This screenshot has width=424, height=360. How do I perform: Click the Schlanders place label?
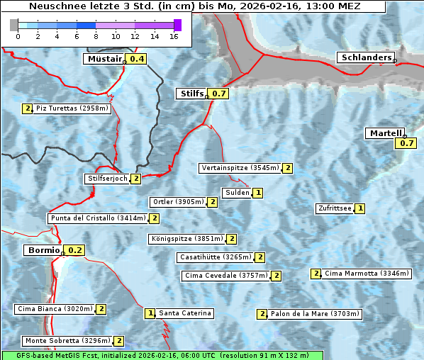pos(365,57)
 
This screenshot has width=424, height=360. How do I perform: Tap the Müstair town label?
pos(104,59)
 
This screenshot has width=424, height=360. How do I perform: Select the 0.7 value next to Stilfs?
pos(219,94)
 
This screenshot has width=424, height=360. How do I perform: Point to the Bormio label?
pos(43,250)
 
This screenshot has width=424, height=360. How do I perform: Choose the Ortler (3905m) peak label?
pos(178,202)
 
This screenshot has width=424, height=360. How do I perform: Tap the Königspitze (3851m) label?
pos(186,239)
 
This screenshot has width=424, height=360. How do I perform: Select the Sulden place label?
pos(237,193)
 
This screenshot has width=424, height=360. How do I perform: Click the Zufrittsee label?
pos(335,208)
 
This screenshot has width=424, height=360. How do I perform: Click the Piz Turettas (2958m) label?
pos(72,108)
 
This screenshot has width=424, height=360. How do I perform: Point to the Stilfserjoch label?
pos(107,179)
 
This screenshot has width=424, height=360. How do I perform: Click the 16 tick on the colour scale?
pos(173,36)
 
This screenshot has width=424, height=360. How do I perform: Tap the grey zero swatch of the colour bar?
pos(14,25)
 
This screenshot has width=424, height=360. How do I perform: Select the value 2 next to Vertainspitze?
pos(288,168)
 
